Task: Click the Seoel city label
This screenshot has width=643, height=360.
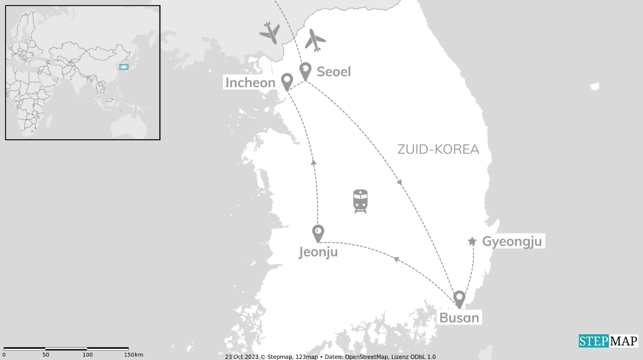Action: (x=333, y=72)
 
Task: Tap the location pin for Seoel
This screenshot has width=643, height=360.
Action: (x=305, y=70)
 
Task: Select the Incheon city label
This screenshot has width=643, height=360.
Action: (x=250, y=83)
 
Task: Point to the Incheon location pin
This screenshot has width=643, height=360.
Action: (x=287, y=81)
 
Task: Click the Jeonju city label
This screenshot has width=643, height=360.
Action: (x=318, y=252)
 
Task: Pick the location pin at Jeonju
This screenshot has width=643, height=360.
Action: (x=318, y=232)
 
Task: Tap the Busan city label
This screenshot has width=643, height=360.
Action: (x=459, y=318)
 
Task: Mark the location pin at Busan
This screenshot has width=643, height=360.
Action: (x=459, y=298)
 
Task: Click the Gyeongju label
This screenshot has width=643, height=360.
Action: (x=512, y=241)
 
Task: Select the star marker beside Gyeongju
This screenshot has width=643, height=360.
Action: (x=472, y=241)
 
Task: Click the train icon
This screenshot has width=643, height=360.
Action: (x=360, y=201)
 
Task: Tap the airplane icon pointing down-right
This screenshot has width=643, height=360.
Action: (x=270, y=33)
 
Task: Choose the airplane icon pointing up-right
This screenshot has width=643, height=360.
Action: (x=315, y=40)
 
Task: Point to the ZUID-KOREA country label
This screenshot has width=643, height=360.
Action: (x=438, y=149)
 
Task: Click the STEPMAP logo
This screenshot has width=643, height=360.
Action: (x=608, y=341)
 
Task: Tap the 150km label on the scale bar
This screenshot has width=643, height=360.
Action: (x=133, y=355)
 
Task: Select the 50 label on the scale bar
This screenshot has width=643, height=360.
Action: (x=46, y=355)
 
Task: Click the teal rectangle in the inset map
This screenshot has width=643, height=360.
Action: (x=124, y=67)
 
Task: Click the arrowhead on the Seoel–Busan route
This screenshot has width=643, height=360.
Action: (x=399, y=182)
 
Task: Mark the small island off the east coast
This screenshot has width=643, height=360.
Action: (x=595, y=87)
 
